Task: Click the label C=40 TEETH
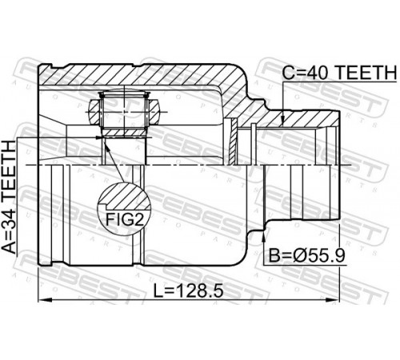pos(339,73)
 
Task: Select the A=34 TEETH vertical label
pos(9,197)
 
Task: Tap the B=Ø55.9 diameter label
pos(307,255)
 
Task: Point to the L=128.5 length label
pos(189,290)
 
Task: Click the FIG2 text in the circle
pos(125,219)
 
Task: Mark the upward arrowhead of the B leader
pos(264,234)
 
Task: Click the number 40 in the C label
pos(318,73)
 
